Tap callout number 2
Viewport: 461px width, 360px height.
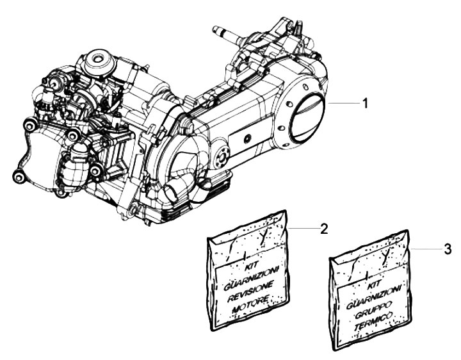pos(324,228)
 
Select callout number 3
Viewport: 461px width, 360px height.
pos(448,248)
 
